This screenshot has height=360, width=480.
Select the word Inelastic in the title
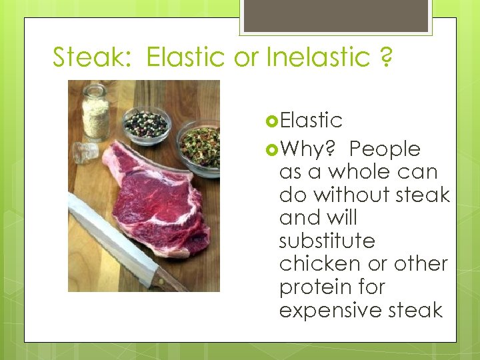pos(317,57)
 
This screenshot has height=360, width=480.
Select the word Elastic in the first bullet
pos(311,121)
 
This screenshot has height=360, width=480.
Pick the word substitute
pos(327,240)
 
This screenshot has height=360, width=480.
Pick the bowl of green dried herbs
pos(199,147)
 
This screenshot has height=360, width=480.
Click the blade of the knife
pos(110,240)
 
